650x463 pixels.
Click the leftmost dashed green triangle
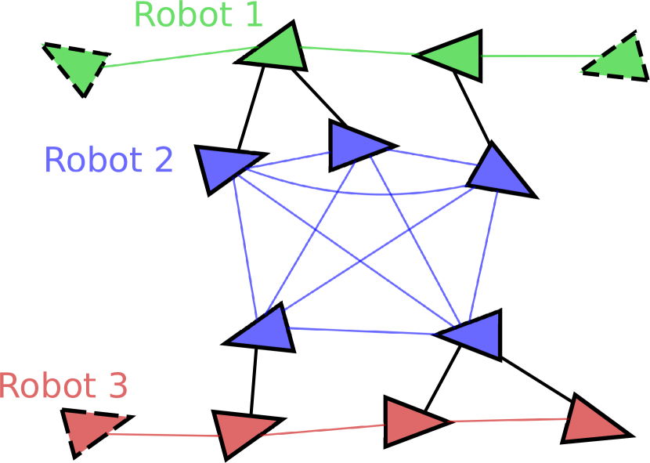tap(78, 65)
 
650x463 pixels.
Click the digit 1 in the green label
tap(254, 15)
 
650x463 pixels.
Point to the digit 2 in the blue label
tap(164, 161)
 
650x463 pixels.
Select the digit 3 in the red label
tap(117, 386)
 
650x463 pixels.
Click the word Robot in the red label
tap(47, 386)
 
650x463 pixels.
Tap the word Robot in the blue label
tap(93, 161)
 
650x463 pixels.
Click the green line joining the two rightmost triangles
tap(540, 56)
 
